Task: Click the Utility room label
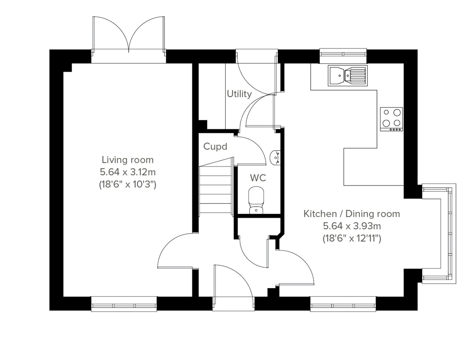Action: click(x=239, y=94)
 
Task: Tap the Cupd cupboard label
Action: click(x=215, y=147)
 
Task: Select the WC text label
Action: click(x=258, y=178)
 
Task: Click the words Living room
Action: click(x=128, y=160)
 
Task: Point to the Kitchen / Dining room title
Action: click(x=351, y=213)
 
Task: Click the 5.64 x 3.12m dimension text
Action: click(x=128, y=172)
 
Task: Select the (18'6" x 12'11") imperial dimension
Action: click(x=351, y=238)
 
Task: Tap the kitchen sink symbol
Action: click(x=347, y=75)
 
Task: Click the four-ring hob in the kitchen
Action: click(x=392, y=119)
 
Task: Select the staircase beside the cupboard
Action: click(x=216, y=189)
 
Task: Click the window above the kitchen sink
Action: click(x=343, y=56)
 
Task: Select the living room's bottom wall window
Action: click(x=124, y=304)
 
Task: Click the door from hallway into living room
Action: click(x=175, y=251)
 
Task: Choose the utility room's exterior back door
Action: click(x=257, y=74)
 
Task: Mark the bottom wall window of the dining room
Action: click(x=343, y=304)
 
